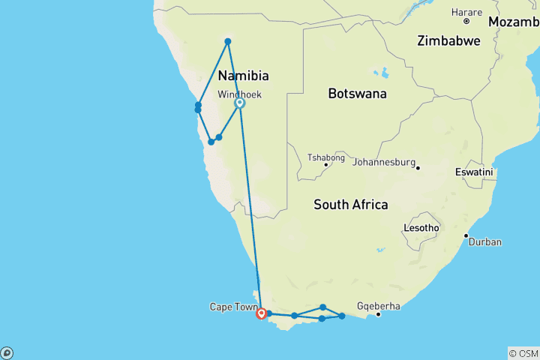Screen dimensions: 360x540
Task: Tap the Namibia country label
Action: click(x=243, y=76)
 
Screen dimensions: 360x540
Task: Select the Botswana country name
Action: click(x=357, y=94)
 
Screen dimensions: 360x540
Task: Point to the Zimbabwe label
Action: click(x=448, y=40)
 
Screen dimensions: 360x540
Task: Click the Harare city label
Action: click(x=466, y=12)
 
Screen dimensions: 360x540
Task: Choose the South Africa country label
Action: click(x=350, y=204)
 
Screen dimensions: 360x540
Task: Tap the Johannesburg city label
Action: click(x=383, y=161)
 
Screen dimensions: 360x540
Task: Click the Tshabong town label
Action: click(x=326, y=157)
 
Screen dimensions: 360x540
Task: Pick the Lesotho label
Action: click(x=421, y=227)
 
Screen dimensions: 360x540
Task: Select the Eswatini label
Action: click(x=473, y=172)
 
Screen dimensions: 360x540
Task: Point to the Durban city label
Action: click(x=486, y=242)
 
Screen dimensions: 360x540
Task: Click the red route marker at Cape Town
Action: click(x=261, y=314)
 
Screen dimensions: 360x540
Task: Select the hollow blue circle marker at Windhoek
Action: click(x=240, y=103)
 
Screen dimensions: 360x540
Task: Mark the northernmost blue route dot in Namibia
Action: click(x=228, y=41)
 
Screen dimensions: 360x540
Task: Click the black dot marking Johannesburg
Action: click(x=418, y=167)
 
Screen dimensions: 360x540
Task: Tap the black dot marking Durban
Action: click(x=466, y=236)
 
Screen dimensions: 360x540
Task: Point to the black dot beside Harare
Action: click(x=466, y=21)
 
